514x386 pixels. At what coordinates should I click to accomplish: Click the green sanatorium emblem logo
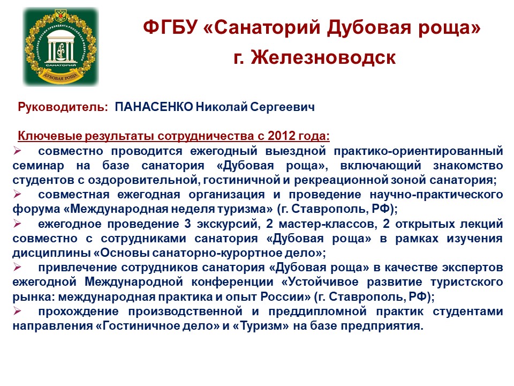coord(61,47)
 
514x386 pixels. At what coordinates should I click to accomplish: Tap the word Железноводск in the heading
coord(323,57)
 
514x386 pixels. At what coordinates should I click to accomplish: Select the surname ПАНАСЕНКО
coord(154,107)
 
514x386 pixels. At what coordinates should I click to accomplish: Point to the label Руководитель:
coord(63,107)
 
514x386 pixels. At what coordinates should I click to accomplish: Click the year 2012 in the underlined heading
coord(282,136)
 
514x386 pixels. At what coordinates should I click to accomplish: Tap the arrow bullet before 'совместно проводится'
coord(17,151)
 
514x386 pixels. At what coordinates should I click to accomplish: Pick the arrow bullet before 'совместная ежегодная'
coord(17,194)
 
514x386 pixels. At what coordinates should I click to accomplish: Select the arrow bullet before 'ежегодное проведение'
coord(17,224)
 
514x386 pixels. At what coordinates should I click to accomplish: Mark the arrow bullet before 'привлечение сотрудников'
coord(17,267)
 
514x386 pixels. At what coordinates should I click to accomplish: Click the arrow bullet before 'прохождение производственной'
coord(17,311)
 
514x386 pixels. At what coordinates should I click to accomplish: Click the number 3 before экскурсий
coord(187,224)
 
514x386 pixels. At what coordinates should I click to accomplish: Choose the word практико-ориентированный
coord(418,151)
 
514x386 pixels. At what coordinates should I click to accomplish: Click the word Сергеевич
coord(282,107)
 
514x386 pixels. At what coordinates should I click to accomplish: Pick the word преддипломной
coord(318,311)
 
